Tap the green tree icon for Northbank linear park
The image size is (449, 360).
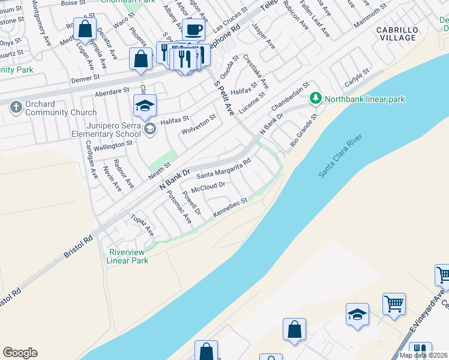[x=315, y=98]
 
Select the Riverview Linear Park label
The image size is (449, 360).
[x=127, y=256]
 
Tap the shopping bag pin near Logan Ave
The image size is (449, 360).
[x=85, y=29]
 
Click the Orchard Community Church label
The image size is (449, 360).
[x=61, y=108]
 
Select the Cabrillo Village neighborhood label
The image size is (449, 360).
[x=396, y=34]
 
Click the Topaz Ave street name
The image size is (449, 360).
[x=142, y=224]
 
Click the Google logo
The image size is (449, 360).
[x=20, y=353]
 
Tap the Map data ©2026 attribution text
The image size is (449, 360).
[x=424, y=355]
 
